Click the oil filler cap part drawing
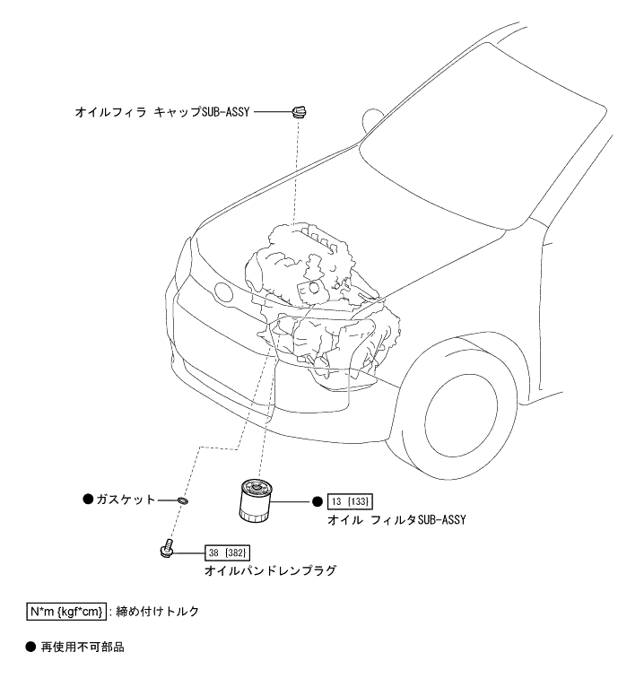point(300,112)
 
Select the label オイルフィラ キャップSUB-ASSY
point(163,113)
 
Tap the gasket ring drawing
point(183,500)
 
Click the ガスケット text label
point(126,500)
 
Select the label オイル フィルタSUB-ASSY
point(399,519)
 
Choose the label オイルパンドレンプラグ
point(270,569)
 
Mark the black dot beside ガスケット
point(88,500)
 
